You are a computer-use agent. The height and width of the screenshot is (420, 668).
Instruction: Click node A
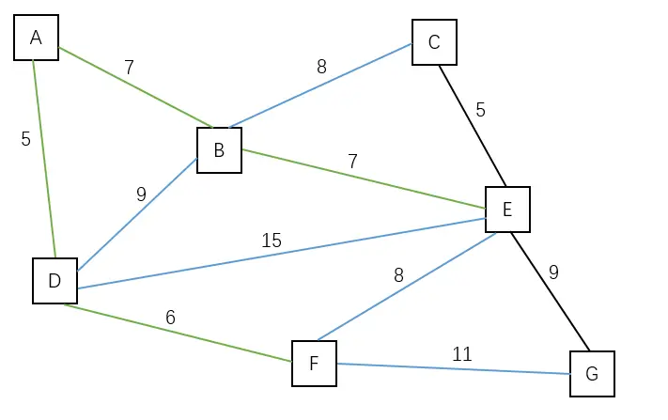click(36, 38)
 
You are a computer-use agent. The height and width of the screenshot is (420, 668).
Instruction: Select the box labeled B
click(219, 150)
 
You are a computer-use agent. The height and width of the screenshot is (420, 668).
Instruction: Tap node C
click(434, 42)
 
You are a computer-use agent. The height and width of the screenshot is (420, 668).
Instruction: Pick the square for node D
click(54, 281)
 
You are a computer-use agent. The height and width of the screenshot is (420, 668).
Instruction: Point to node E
click(507, 210)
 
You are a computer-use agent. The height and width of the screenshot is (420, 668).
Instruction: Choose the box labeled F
click(314, 364)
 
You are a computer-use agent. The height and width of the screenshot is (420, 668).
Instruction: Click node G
click(592, 374)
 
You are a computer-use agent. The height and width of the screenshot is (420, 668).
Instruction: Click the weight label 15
click(272, 241)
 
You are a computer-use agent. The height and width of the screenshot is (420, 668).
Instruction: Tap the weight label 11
click(461, 354)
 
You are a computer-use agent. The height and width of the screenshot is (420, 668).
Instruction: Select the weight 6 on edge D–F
click(170, 318)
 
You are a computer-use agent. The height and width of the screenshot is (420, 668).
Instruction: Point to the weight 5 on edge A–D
click(25, 139)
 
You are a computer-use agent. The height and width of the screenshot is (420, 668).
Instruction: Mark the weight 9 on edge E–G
click(553, 272)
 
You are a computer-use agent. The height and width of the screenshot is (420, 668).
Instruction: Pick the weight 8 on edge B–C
click(321, 67)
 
